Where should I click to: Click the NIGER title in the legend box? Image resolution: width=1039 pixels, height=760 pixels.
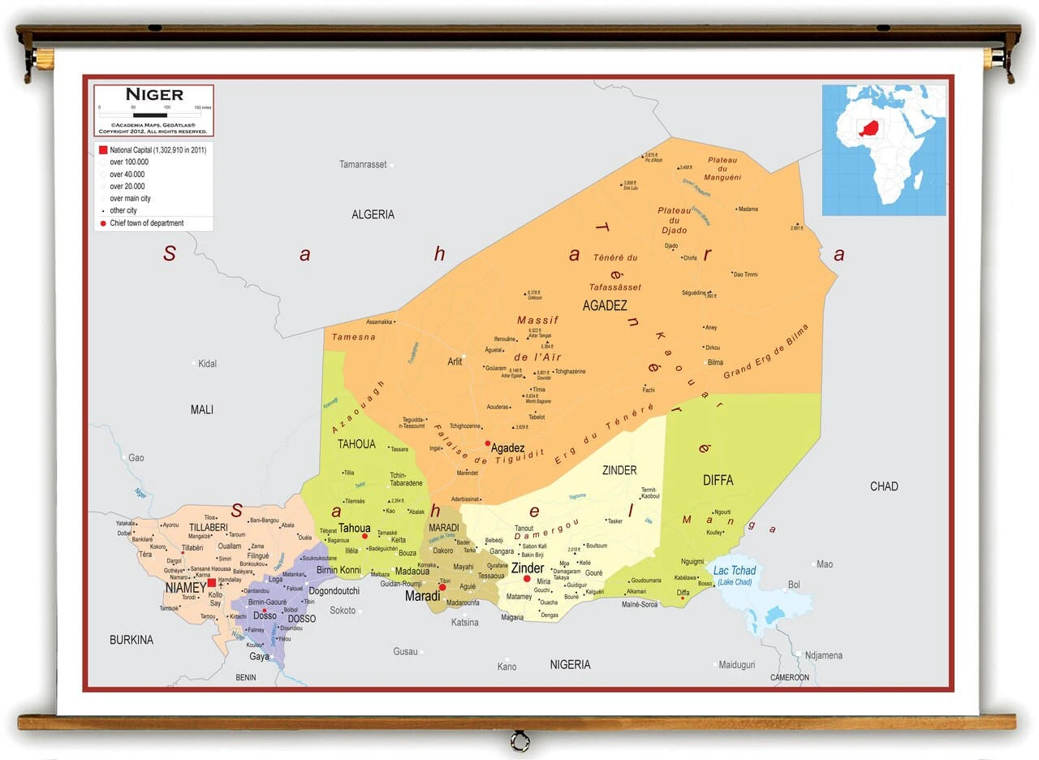tap(153, 94)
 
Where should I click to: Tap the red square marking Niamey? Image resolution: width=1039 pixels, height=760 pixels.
tap(212, 582)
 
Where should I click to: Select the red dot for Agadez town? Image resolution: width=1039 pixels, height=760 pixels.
tap(488, 443)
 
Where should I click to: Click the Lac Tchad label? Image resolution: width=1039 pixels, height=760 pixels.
tap(734, 571)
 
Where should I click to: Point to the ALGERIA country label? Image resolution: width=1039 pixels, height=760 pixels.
tap(373, 214)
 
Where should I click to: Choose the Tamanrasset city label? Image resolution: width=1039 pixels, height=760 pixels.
tap(363, 165)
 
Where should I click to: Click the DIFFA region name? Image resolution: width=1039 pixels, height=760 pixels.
tap(718, 480)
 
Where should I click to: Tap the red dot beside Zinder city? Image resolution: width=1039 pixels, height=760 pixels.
tap(527, 579)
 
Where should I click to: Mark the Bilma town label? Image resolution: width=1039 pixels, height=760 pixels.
tap(715, 362)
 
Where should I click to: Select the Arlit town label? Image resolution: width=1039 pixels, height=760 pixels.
tap(455, 361)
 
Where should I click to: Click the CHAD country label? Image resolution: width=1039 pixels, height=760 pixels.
tap(884, 486)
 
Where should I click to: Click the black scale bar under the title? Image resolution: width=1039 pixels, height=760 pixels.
tap(150, 115)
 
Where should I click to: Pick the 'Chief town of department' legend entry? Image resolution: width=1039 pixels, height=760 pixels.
tap(146, 223)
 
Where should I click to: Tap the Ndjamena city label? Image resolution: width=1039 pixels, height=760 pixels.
tap(823, 655)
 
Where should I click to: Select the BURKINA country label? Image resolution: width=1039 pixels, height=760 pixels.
tap(131, 640)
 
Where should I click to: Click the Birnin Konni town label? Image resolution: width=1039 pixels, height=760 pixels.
tap(338, 570)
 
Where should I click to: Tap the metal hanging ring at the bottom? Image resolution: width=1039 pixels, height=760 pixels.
tap(519, 741)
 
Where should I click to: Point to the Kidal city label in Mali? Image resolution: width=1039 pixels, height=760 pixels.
tap(207, 364)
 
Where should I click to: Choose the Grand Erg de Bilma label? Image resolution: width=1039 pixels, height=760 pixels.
tap(767, 351)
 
